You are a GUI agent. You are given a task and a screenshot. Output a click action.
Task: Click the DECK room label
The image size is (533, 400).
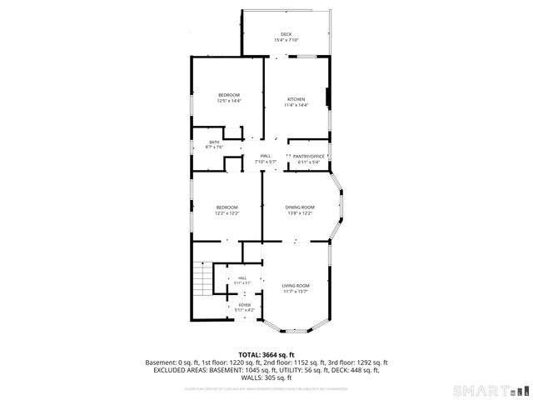[x=286, y=34]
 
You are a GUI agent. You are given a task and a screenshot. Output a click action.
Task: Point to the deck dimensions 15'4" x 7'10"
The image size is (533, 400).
[x=286, y=40]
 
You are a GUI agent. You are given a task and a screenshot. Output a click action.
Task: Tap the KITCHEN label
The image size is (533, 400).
[x=296, y=99]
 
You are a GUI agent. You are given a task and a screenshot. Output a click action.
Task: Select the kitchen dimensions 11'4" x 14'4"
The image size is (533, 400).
[x=296, y=105]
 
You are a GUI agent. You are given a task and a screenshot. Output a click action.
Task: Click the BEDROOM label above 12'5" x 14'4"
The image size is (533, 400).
[x=229, y=95]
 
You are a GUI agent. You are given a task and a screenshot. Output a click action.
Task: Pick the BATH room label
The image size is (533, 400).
[x=214, y=142]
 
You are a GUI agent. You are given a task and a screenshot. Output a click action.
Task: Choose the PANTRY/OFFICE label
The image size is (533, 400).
[x=308, y=156]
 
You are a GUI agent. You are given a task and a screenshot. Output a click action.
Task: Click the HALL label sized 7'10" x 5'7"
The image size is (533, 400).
[x=265, y=156]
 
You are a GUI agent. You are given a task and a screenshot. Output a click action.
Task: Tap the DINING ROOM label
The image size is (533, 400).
[x=300, y=207]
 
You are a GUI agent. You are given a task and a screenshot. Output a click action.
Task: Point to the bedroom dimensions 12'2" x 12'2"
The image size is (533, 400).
[x=227, y=212]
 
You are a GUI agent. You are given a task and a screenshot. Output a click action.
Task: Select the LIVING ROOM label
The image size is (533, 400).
[x=296, y=285]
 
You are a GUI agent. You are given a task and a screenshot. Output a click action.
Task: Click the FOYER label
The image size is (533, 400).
[x=244, y=305]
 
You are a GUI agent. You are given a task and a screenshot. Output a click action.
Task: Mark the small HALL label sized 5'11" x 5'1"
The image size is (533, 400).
[x=242, y=278]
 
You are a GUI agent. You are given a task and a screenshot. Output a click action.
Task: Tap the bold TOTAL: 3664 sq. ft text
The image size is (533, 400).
[x=266, y=355]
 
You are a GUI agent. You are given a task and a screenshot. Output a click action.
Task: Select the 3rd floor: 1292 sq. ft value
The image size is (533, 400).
[x=359, y=362]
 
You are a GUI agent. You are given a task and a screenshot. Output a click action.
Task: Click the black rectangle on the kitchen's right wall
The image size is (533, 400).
[x=327, y=98]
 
